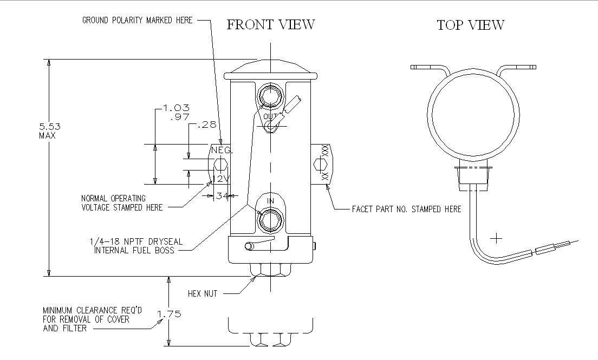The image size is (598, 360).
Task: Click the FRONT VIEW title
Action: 270,25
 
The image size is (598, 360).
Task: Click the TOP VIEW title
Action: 470,25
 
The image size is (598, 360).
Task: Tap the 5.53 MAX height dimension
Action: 49,130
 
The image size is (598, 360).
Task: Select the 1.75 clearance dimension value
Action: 169,313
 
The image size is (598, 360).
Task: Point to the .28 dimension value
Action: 207,125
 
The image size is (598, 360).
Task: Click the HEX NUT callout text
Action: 202,293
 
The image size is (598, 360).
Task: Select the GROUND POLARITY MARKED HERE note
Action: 137,21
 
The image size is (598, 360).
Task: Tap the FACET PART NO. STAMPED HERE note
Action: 406,209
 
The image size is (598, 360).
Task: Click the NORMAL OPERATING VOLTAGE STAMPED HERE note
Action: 121,203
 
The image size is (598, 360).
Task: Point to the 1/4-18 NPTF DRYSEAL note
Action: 136,246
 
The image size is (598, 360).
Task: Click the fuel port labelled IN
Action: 270,219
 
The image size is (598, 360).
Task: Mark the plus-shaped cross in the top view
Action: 496,238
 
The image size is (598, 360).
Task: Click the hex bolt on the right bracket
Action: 320,164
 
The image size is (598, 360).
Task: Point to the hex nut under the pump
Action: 270,269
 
